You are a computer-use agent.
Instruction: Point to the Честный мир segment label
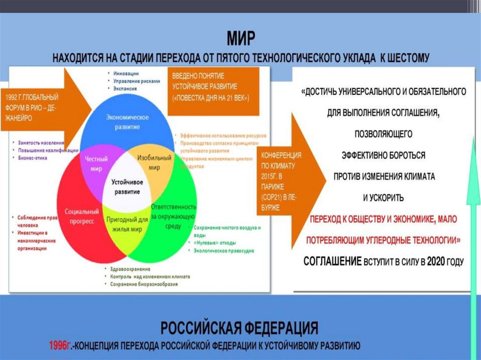click(96, 163)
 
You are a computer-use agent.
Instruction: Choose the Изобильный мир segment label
click(154, 163)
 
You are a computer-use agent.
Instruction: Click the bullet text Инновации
click(124, 74)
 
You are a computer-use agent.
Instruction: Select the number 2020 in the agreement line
click(436, 261)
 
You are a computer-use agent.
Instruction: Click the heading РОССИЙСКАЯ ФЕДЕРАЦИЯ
click(240, 327)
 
